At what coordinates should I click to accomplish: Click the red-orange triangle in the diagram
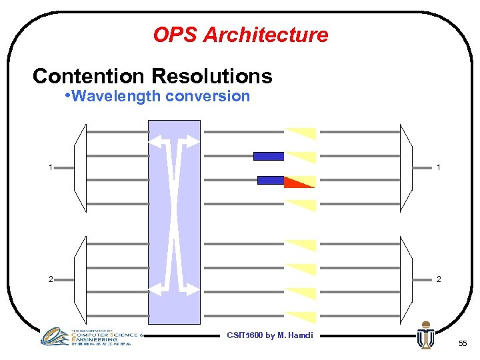pyautogui.click(x=297, y=182)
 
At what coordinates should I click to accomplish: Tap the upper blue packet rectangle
pyautogui.click(x=269, y=157)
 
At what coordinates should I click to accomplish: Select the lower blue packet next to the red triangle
pyautogui.click(x=271, y=180)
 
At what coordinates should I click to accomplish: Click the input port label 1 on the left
pyautogui.click(x=51, y=167)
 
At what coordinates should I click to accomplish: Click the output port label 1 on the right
pyautogui.click(x=438, y=167)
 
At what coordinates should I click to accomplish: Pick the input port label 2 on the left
pyautogui.click(x=51, y=279)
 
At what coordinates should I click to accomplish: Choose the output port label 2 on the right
pyautogui.click(x=438, y=279)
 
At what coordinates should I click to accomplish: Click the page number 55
pyautogui.click(x=463, y=343)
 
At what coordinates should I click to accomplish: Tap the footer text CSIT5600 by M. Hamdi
pyautogui.click(x=270, y=335)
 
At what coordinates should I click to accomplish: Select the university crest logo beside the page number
pyautogui.click(x=425, y=335)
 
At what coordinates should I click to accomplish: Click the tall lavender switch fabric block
pyautogui.click(x=173, y=220)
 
